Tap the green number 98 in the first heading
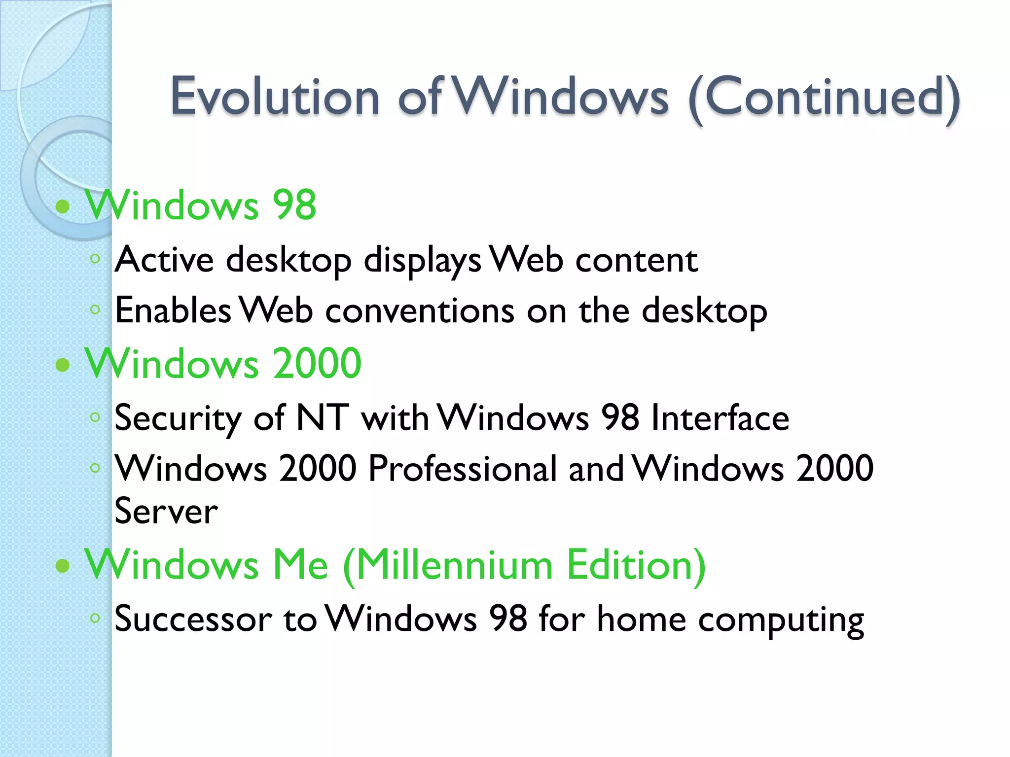294,205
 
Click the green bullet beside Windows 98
63,206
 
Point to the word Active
164,260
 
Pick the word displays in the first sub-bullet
422,260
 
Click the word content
636,260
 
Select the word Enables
173,310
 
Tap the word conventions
420,311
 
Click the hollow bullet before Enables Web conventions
95,310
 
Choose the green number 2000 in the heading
317,364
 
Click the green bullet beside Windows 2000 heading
63,365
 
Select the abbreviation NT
323,418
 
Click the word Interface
720,418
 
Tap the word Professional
462,468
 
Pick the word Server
166,511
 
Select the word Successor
193,619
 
